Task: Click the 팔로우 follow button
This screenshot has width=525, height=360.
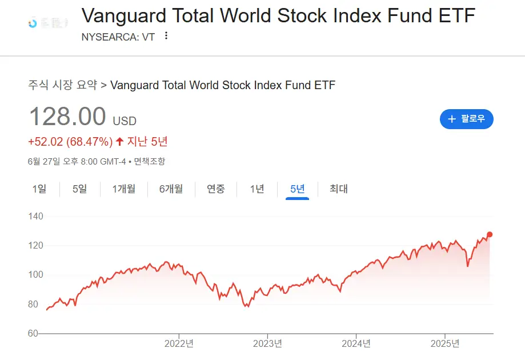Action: tap(466, 119)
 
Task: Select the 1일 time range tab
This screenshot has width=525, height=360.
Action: tap(39, 189)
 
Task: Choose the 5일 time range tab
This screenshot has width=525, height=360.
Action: tap(80, 189)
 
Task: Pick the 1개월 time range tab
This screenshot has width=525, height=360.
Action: tap(124, 189)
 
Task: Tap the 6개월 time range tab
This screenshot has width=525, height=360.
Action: tap(171, 189)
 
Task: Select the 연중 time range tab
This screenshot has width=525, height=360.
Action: tap(216, 189)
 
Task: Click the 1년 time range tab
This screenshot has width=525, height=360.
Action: tap(257, 189)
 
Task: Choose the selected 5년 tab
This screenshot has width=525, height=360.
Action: tap(298, 189)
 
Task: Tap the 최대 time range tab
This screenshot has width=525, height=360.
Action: tap(339, 189)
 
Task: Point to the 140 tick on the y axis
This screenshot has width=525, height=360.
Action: tap(35, 217)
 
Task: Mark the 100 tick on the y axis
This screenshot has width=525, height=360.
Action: tap(35, 275)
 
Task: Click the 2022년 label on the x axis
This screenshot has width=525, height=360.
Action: tap(179, 344)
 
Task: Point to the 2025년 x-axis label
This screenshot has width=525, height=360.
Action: tap(444, 344)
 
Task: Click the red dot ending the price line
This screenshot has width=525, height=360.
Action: tap(490, 234)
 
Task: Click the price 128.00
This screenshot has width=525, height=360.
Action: tap(67, 117)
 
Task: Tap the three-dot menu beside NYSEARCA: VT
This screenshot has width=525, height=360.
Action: tap(166, 36)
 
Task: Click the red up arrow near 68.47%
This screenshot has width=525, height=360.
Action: tap(119, 142)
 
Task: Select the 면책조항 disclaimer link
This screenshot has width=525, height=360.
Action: tap(150, 162)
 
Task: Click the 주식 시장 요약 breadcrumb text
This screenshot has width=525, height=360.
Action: tap(62, 86)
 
